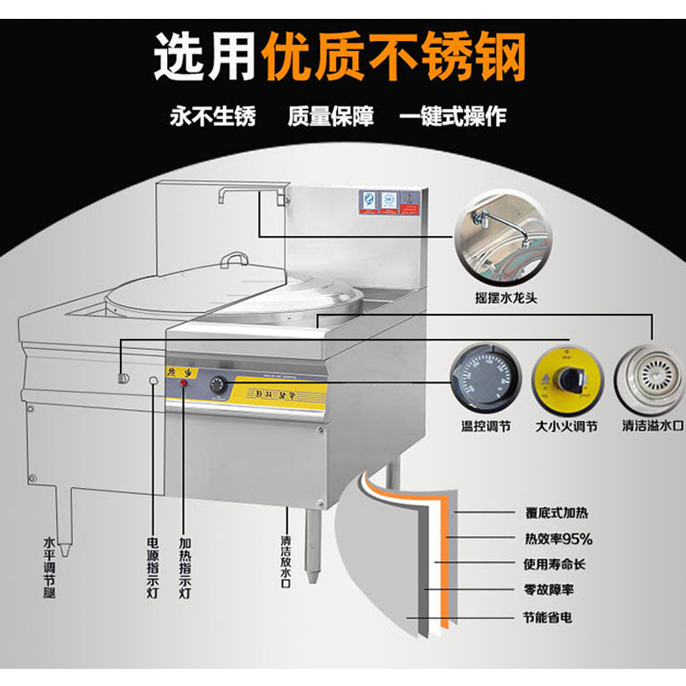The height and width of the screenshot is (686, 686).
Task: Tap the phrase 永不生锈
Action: [212, 117]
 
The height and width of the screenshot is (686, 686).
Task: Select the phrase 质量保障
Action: [330, 117]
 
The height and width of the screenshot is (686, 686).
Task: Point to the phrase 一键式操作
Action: [452, 117]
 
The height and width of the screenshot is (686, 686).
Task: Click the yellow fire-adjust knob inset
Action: [565, 378]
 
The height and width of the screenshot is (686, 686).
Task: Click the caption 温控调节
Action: [485, 425]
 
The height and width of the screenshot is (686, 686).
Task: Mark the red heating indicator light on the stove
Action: [184, 383]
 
